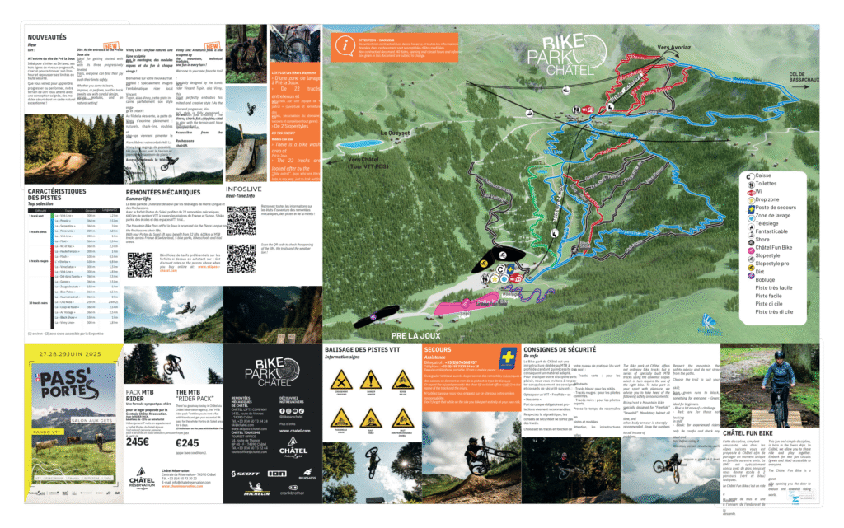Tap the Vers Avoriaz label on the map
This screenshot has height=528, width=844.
[673, 49]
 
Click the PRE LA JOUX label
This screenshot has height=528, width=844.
[412, 337]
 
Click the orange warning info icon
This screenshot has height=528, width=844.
[347, 43]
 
